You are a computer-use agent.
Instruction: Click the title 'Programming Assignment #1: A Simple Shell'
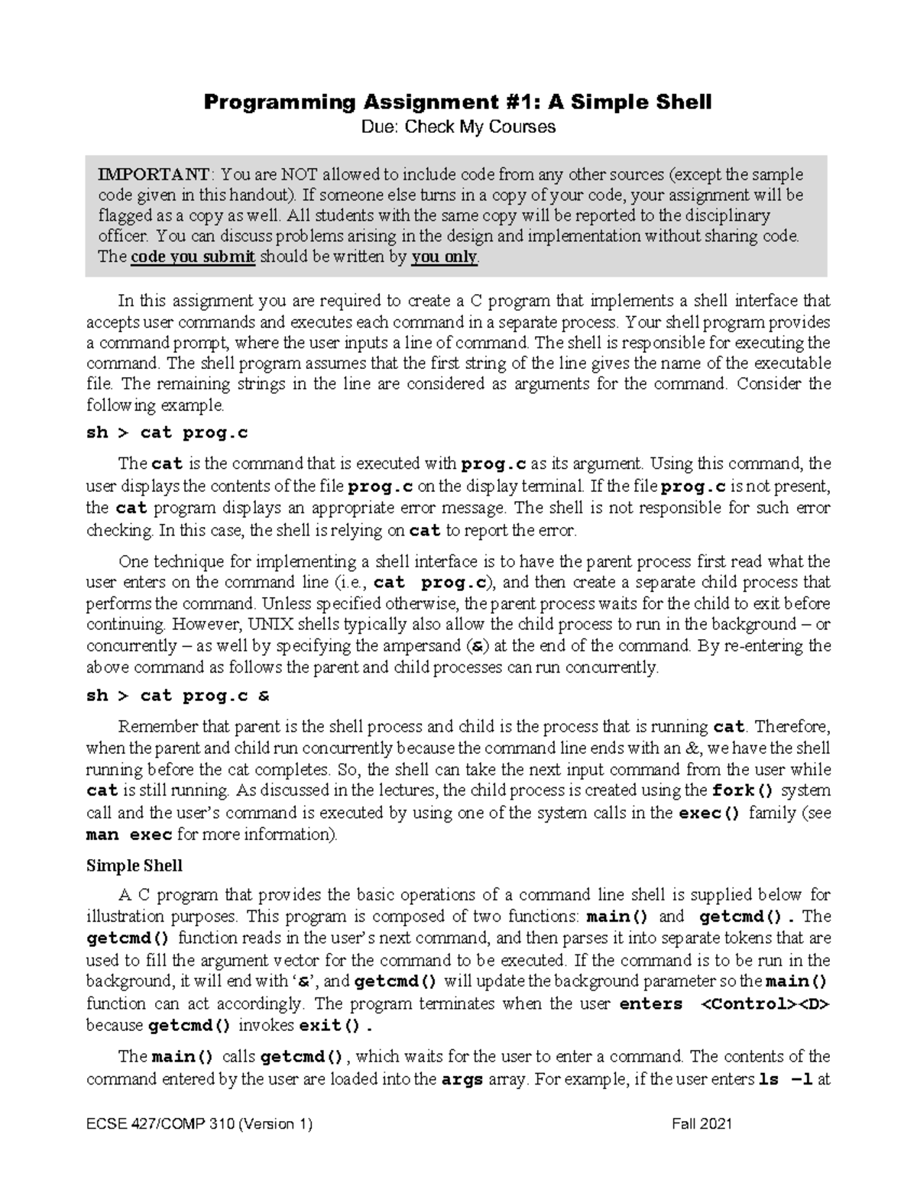457,102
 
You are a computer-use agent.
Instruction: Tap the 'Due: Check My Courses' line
458,127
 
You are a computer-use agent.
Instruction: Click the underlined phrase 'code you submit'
193,257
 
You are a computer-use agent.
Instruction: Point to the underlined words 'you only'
444,257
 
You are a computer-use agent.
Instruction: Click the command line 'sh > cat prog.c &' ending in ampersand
178,696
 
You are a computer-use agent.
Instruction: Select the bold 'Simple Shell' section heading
134,865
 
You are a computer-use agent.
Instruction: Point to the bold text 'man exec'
129,835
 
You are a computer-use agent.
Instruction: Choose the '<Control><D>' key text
765,1003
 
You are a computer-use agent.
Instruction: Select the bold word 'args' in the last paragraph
462,1080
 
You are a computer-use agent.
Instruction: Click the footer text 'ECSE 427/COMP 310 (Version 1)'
199,1124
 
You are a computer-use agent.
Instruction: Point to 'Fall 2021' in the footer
702,1124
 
